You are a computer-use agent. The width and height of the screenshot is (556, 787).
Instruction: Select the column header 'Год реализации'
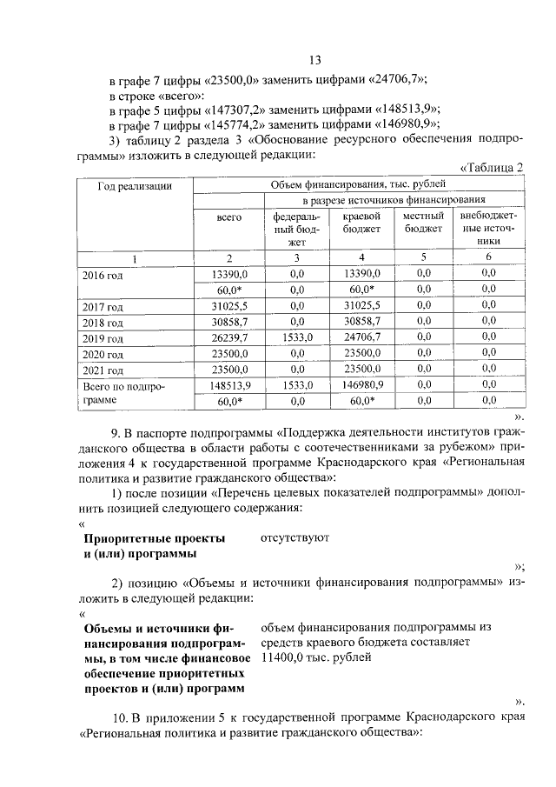coord(134,185)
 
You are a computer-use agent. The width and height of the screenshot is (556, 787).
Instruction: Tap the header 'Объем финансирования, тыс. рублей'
coord(358,184)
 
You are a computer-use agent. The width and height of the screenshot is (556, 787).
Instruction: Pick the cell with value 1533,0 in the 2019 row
coord(297,337)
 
